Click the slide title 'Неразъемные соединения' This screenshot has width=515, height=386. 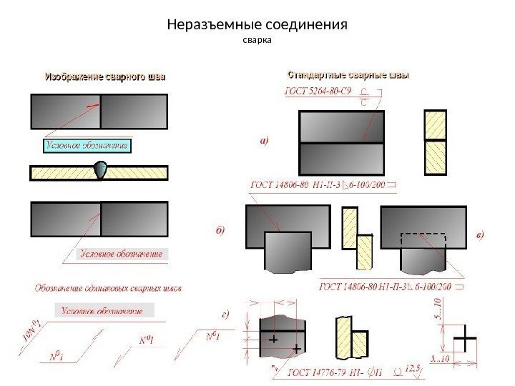257,25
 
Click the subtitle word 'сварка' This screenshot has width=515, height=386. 257,40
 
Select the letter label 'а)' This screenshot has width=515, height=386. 263,142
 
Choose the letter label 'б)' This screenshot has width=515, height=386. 221,230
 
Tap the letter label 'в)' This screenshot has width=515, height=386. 480,234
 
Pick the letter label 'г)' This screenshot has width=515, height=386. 226,314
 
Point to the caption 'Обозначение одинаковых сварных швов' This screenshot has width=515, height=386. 108,289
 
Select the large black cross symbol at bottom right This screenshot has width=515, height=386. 466,340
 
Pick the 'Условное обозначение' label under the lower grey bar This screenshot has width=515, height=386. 121,254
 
